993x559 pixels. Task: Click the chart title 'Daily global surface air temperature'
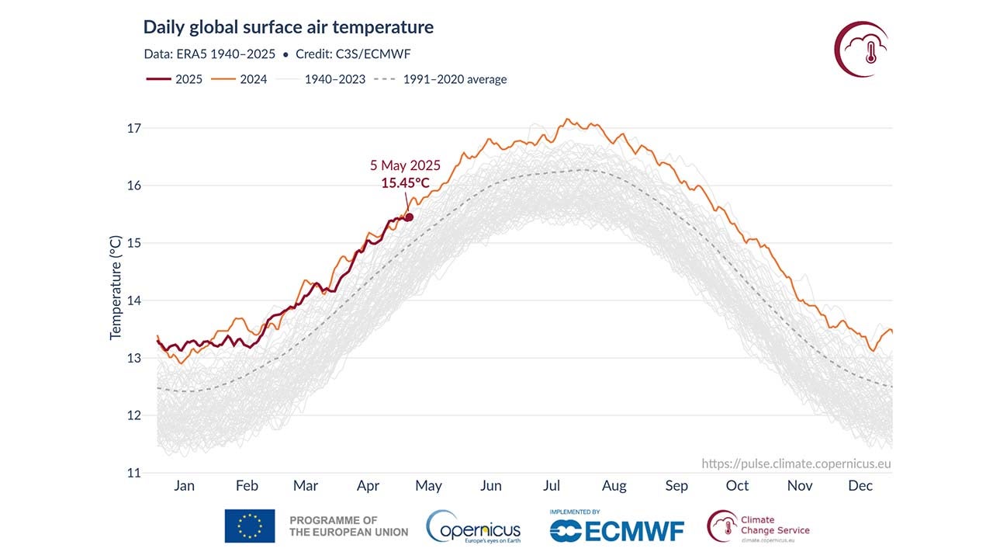[288, 27]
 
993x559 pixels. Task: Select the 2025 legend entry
[175, 79]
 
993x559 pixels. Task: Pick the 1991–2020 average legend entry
[440, 79]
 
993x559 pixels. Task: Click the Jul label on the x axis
[551, 486]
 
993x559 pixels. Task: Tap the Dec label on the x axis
[860, 486]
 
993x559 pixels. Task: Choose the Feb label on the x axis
[247, 486]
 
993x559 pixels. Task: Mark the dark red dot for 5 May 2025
[409, 217]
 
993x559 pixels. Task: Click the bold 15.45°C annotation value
[405, 183]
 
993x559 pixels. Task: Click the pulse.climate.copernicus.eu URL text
[796, 464]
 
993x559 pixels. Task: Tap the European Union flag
[250, 526]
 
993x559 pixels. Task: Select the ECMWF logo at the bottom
[617, 529]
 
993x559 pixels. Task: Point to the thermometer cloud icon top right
[861, 49]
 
